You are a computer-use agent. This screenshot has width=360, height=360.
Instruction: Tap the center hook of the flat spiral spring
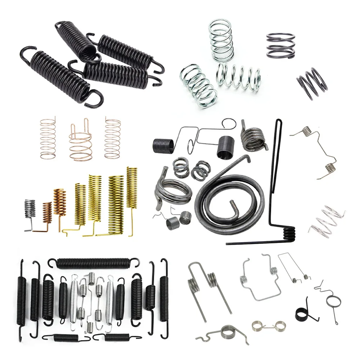(235, 208)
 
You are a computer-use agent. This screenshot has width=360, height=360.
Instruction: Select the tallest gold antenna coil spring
(132, 187)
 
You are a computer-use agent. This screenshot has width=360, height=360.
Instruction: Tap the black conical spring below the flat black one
(312, 84)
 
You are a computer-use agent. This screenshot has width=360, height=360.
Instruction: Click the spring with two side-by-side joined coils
(266, 327)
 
